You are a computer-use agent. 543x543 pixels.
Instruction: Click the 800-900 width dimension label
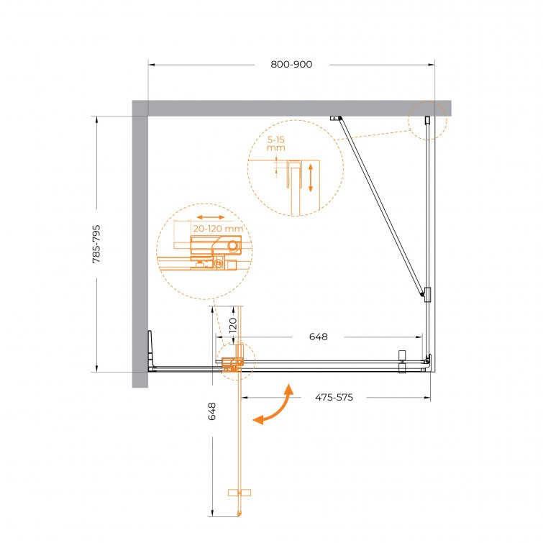coord(291,65)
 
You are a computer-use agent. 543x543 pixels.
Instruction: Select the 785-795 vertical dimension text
coord(96,244)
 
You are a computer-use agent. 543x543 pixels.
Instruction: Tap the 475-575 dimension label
coord(334,397)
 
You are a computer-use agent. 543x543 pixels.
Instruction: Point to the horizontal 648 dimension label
coord(319,337)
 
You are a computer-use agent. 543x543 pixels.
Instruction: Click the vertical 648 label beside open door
coord(212,411)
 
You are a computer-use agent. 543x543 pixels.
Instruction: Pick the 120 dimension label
coord(233,326)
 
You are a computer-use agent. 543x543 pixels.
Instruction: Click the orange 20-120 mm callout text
coord(218,229)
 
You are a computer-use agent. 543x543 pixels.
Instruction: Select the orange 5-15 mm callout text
coord(276,144)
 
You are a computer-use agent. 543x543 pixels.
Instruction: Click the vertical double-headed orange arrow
coord(311,178)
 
